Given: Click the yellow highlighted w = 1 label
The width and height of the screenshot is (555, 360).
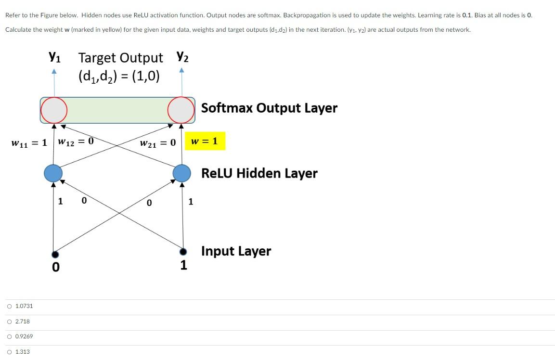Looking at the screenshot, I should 205,141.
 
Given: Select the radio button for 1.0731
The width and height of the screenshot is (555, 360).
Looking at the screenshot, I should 10,306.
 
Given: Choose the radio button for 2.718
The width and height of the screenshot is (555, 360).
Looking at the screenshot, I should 10,321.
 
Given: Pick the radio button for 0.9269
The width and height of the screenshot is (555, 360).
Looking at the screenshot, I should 10,336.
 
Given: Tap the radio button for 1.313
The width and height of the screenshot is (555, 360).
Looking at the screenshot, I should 10,352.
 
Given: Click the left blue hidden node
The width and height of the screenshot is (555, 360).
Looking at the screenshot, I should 53,172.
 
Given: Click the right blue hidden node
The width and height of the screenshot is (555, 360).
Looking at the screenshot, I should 182,172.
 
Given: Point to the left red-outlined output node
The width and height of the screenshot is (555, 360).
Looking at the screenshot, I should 53,110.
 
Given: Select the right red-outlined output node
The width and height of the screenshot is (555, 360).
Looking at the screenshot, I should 181,110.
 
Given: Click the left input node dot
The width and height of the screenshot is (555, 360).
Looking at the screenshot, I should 55,254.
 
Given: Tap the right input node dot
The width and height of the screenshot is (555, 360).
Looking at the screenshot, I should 182,252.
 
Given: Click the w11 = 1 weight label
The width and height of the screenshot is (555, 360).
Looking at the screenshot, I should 29,143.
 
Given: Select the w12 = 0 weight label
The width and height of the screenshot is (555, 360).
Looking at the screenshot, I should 76,141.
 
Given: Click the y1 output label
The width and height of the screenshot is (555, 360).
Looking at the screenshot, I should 54,57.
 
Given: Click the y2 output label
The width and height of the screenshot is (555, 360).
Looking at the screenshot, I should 182,57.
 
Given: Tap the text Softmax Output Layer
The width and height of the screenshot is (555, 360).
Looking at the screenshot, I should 269,108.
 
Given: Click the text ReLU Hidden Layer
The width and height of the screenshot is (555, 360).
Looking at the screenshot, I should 259,173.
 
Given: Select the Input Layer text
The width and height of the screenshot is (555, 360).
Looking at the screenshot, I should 236,251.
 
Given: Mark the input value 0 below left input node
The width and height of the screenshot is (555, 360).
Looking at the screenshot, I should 56,267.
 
